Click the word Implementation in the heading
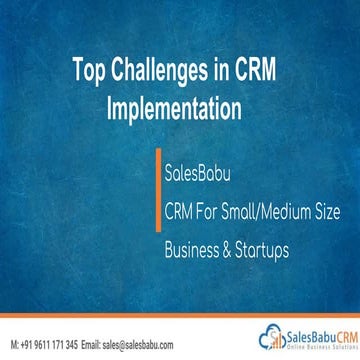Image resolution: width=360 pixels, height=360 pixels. pyautogui.click(x=180, y=105)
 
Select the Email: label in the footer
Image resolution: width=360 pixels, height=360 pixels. pyautogui.click(x=94, y=341)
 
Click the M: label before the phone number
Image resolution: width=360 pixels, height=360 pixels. pyautogui.click(x=11, y=341)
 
